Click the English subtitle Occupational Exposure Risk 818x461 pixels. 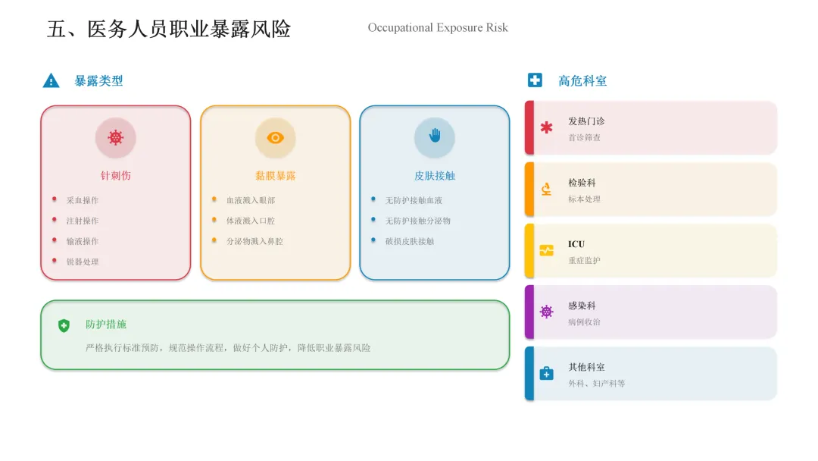tap(438, 28)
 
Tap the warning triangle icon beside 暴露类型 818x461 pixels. tap(51, 80)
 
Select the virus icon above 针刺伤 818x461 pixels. tap(115, 137)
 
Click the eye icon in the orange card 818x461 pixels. tap(275, 137)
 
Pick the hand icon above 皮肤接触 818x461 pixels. tap(435, 136)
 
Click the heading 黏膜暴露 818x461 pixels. tap(275, 175)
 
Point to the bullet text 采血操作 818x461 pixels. tap(82, 200)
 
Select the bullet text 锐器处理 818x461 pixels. tap(82, 262)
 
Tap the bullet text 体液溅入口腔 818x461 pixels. tap(250, 221)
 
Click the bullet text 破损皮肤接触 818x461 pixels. tap(410, 241)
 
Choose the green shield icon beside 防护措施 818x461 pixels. tap(64, 325)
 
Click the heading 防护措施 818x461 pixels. tap(106, 325)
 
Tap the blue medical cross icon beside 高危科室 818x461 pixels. tap(535, 80)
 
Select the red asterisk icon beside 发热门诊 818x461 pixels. tap(546, 127)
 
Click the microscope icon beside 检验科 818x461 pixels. tap(546, 190)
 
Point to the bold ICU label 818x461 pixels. tap(576, 244)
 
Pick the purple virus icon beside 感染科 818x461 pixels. tap(546, 312)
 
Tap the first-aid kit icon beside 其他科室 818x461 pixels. tap(546, 373)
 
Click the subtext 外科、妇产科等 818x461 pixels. tap(596, 384)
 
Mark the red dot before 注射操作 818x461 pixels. tap(55, 220)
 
